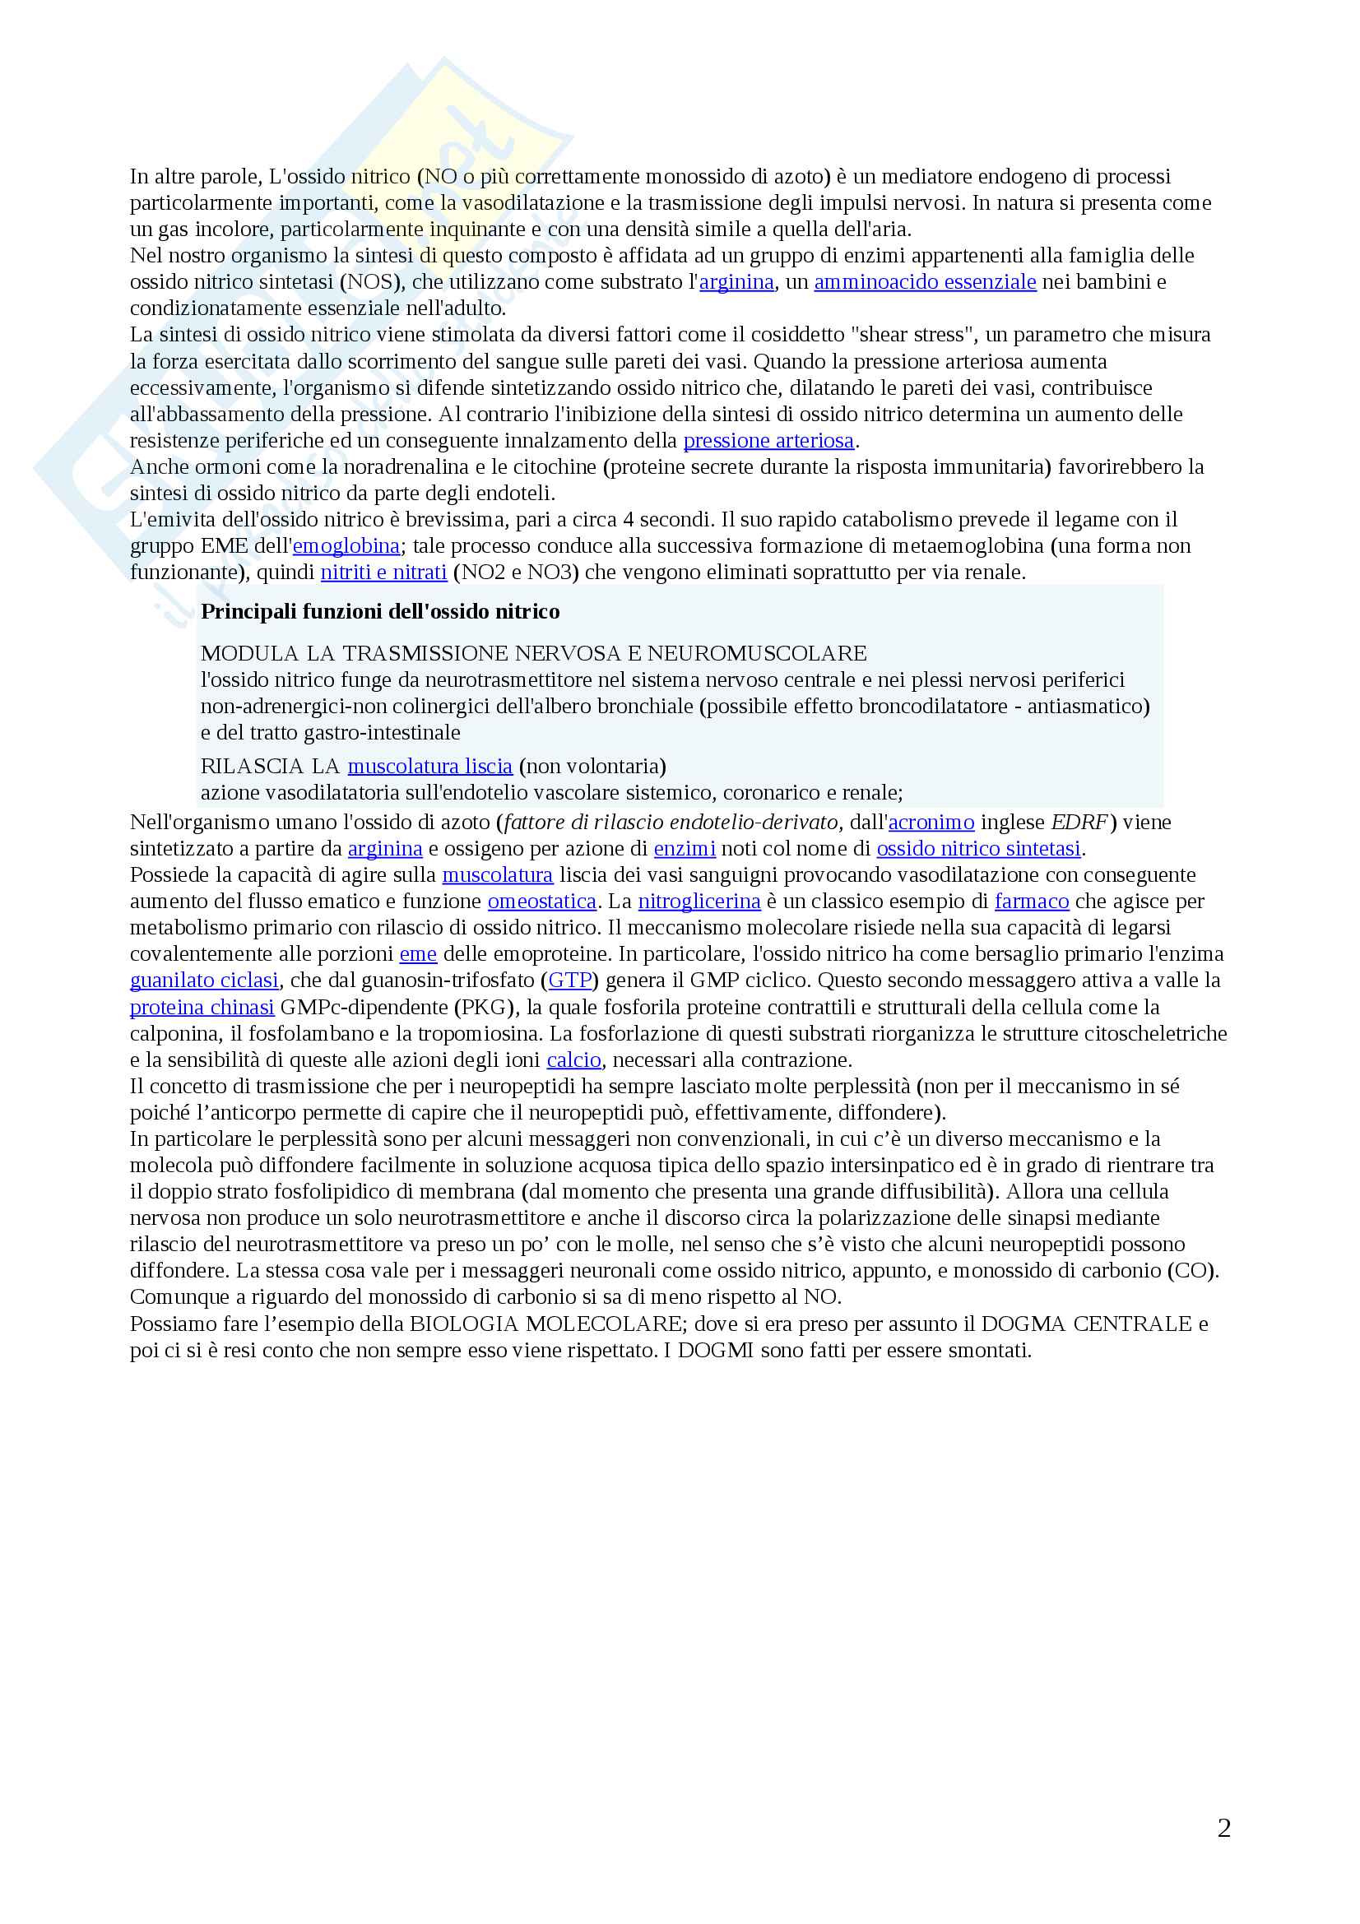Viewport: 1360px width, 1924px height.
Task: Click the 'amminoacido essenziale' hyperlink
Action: [x=924, y=282]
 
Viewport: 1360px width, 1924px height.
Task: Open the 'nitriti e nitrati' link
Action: [x=383, y=573]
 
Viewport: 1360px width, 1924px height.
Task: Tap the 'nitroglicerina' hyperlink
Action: [x=699, y=902]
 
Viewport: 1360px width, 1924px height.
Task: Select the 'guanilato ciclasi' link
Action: [x=203, y=981]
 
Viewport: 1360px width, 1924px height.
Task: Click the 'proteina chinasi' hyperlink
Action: [x=202, y=1008]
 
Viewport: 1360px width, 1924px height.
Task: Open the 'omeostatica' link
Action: [x=541, y=902]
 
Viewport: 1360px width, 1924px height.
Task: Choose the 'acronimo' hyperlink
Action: [x=931, y=822]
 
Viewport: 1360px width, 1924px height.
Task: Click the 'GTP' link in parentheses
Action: [x=570, y=981]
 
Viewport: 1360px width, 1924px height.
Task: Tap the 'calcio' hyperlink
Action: [x=573, y=1060]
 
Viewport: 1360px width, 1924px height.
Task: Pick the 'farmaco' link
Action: [x=1031, y=902]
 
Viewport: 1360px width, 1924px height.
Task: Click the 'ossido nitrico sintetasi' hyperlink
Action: [x=978, y=849]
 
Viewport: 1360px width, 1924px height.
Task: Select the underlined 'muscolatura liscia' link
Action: [x=429, y=767]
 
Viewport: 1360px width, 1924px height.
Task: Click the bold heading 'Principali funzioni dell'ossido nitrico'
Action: [x=379, y=612]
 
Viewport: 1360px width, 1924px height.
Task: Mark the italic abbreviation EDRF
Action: [x=1079, y=822]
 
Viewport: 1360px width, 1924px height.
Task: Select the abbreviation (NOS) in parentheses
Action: [x=369, y=282]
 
